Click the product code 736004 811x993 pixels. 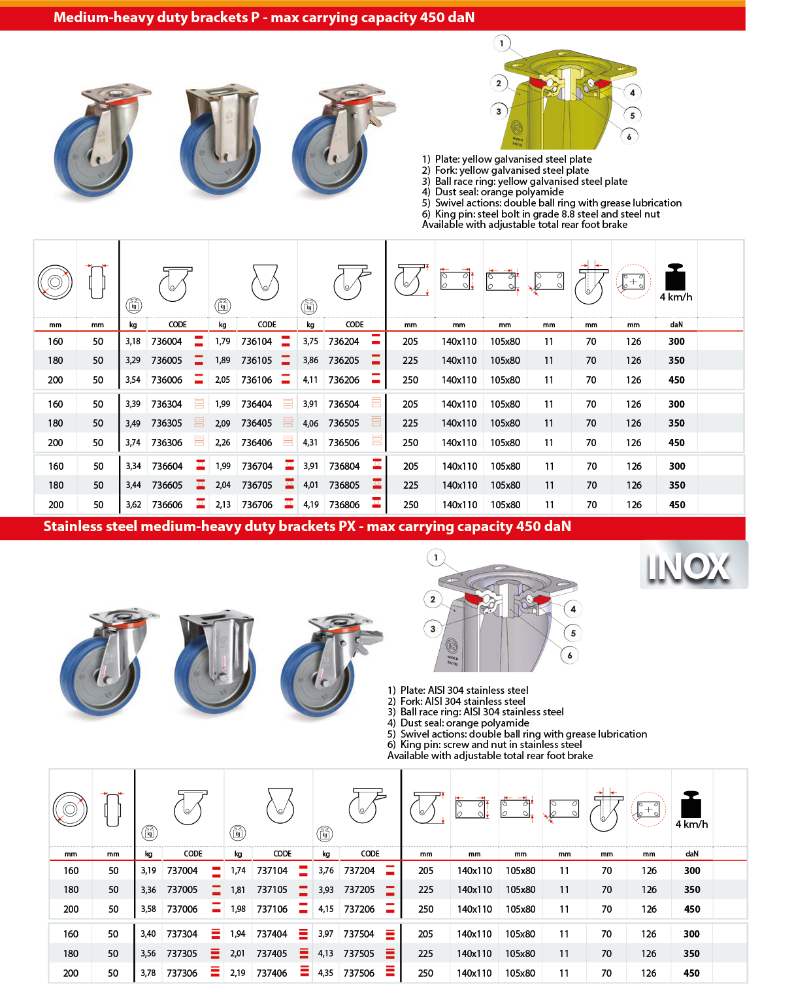[x=167, y=341]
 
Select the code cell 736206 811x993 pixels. [x=344, y=380]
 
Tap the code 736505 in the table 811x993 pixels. [x=344, y=423]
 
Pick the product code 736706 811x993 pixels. [x=257, y=505]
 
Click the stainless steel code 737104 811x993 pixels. [x=272, y=871]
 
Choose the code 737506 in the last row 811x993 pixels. [x=359, y=973]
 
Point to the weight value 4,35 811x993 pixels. [x=325, y=973]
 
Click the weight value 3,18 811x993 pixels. [x=133, y=341]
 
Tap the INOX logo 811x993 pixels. [x=689, y=566]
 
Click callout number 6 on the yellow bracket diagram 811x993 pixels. [x=629, y=137]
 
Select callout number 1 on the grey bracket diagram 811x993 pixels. [x=436, y=558]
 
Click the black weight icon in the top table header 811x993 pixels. [x=675, y=278]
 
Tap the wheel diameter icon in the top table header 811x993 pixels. [x=55, y=282]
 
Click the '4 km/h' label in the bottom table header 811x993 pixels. [x=691, y=824]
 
